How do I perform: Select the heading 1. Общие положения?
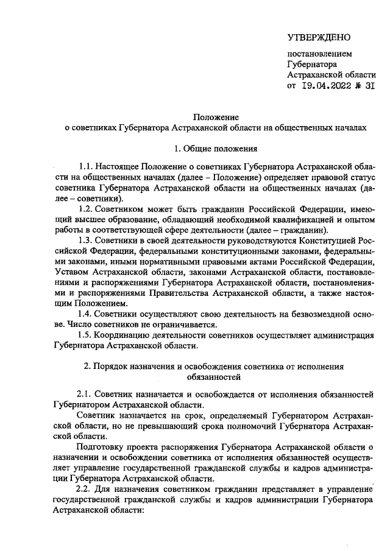coord(216,149)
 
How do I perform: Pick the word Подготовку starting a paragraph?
coord(100,447)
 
